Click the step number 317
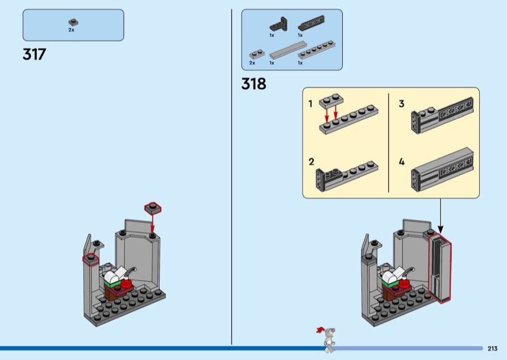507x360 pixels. click(34, 55)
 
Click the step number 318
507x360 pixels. click(253, 84)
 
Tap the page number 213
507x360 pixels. click(492, 348)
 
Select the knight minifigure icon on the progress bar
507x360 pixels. click(328, 339)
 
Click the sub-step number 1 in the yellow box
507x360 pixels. click(311, 103)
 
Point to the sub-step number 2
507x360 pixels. click(311, 162)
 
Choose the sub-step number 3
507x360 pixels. click(401, 103)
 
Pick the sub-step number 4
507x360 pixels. click(401, 162)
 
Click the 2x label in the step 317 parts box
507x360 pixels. click(72, 30)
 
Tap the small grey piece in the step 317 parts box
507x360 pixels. click(72, 22)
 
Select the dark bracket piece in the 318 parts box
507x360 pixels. click(276, 25)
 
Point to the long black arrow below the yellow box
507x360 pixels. click(440, 215)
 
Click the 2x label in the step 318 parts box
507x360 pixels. click(252, 63)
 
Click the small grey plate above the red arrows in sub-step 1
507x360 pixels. click(331, 99)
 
